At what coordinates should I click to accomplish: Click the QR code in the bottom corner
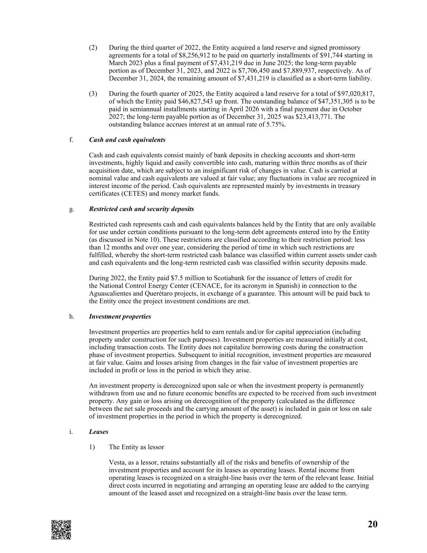pos(61,530)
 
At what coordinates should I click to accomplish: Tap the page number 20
pos(372,524)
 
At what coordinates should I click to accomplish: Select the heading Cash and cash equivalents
pos(127,140)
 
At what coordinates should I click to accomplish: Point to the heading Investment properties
pos(120,316)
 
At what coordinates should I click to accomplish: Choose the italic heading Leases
pos(98,432)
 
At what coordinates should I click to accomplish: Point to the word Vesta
pos(117,463)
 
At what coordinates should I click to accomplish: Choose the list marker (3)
pos(93,94)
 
